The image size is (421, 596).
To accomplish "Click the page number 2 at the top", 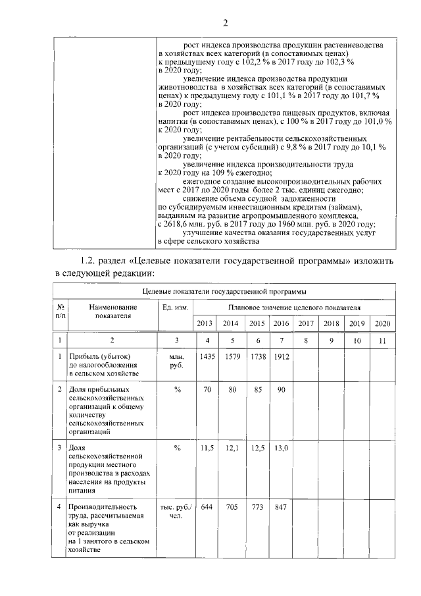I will click(224, 24).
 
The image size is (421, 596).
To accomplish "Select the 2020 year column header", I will click(382, 323).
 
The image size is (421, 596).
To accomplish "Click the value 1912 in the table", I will click(280, 356).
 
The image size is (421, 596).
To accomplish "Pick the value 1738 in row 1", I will click(255, 356).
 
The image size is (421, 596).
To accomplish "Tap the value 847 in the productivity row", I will click(280, 508).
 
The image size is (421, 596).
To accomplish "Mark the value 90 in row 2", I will click(280, 390).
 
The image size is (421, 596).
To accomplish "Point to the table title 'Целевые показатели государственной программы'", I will click(224, 290).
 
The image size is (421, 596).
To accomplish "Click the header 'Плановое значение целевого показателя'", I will click(295, 307).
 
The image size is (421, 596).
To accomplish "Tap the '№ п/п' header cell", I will click(61, 311).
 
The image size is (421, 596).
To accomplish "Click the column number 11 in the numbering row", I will click(382, 340).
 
